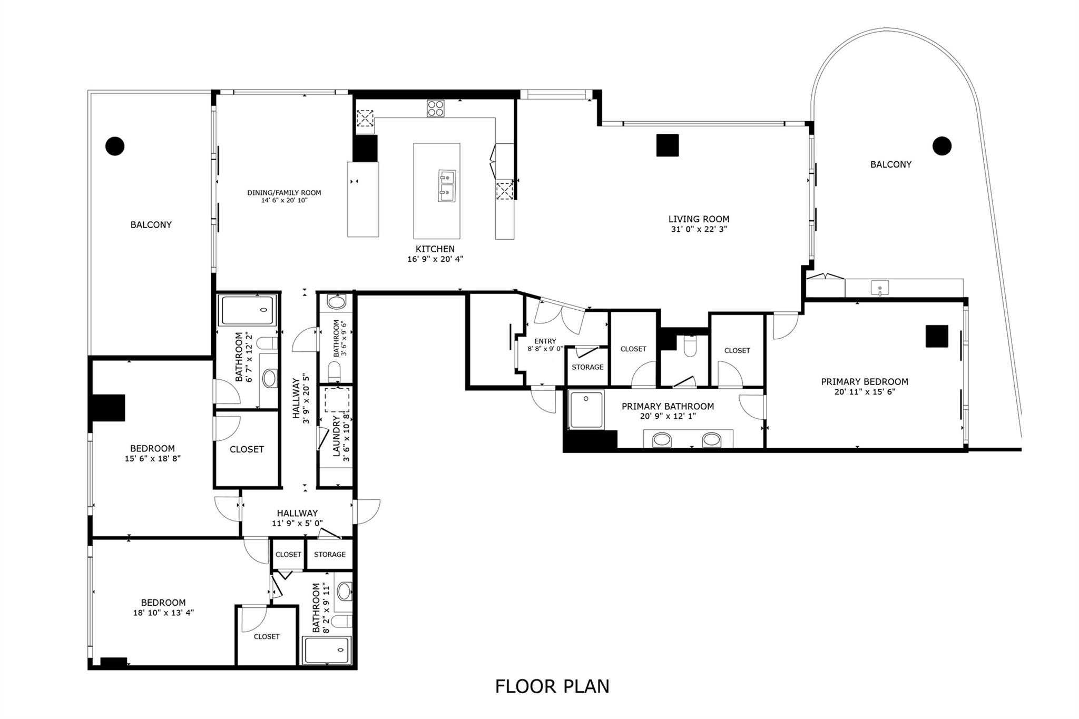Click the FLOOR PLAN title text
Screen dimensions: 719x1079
pyautogui.click(x=552, y=686)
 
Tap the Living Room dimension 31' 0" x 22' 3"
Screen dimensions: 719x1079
pyautogui.click(x=699, y=229)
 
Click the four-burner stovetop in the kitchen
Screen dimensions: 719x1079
pyautogui.click(x=435, y=108)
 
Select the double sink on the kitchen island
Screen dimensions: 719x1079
pyautogui.click(x=447, y=185)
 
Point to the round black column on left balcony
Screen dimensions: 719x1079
pyautogui.click(x=115, y=146)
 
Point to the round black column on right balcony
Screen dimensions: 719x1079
pyautogui.click(x=941, y=146)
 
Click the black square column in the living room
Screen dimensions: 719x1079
pyautogui.click(x=668, y=145)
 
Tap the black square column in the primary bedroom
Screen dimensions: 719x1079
pyautogui.click(x=937, y=336)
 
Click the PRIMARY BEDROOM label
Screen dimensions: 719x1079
pyautogui.click(x=864, y=382)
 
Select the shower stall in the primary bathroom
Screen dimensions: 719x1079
pyautogui.click(x=586, y=410)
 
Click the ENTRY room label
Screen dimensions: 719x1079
pyautogui.click(x=545, y=341)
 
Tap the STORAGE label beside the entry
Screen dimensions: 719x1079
pyautogui.click(x=587, y=367)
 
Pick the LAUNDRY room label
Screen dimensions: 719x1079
pyautogui.click(x=336, y=436)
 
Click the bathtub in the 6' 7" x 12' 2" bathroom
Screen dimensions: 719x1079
pyautogui.click(x=248, y=310)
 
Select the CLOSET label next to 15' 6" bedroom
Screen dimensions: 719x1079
pyautogui.click(x=247, y=449)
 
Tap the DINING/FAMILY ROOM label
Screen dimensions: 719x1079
pyautogui.click(x=284, y=193)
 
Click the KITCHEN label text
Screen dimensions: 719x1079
pyautogui.click(x=435, y=249)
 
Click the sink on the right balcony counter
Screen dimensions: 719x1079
pyautogui.click(x=879, y=288)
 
